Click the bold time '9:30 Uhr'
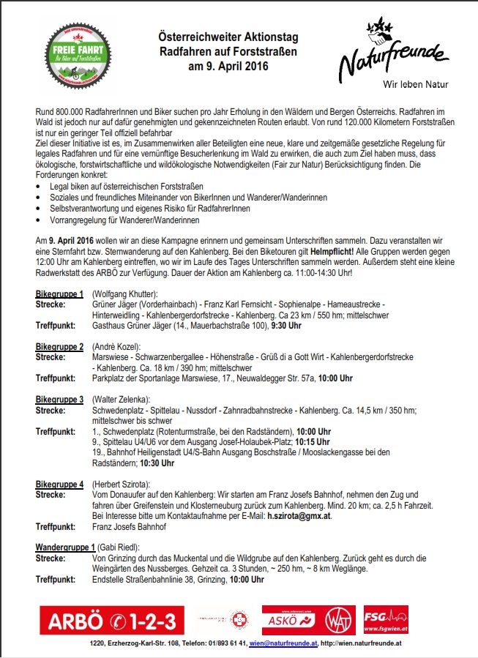(x=287, y=325)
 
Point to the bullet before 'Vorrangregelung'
(x=38, y=220)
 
